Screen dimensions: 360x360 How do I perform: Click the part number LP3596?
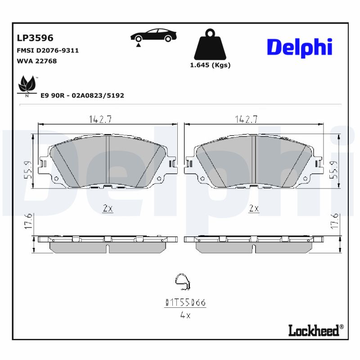tap(35, 39)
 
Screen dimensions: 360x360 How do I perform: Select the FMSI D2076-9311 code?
tap(48, 50)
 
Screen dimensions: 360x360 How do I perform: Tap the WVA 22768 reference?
tap(36, 61)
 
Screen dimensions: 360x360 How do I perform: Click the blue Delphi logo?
tap(299, 47)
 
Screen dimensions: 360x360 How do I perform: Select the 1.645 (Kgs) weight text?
tap(210, 65)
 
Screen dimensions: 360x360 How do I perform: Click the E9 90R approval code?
tap(82, 95)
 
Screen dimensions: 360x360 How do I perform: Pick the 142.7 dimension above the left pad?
tap(100, 120)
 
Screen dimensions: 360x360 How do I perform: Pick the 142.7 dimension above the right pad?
tap(246, 120)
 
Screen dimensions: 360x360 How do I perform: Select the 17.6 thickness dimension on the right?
tap(333, 222)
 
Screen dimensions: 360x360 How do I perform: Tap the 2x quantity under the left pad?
tap(107, 208)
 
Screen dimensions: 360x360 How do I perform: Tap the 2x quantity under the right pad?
tap(254, 208)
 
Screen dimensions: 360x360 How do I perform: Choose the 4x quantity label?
tap(185, 315)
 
